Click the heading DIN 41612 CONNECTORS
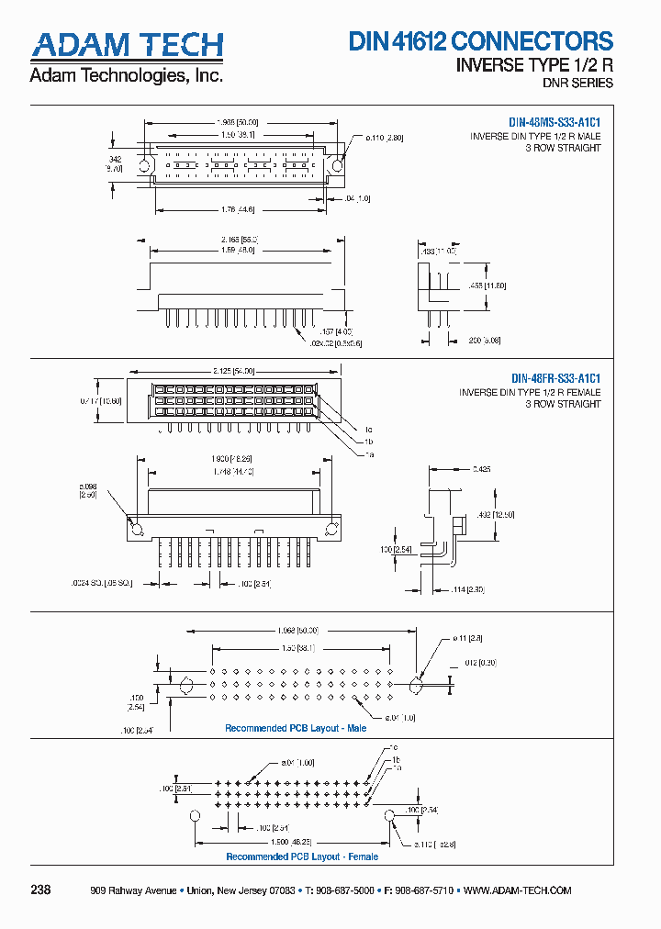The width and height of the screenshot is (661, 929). click(480, 41)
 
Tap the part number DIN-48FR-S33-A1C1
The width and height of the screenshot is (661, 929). click(555, 378)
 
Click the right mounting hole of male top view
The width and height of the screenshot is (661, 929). click(337, 166)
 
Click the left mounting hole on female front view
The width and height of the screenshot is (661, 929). click(136, 529)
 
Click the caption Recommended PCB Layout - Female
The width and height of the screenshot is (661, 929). click(302, 856)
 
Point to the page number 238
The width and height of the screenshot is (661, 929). click(41, 890)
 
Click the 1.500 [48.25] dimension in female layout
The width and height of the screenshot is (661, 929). click(292, 841)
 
